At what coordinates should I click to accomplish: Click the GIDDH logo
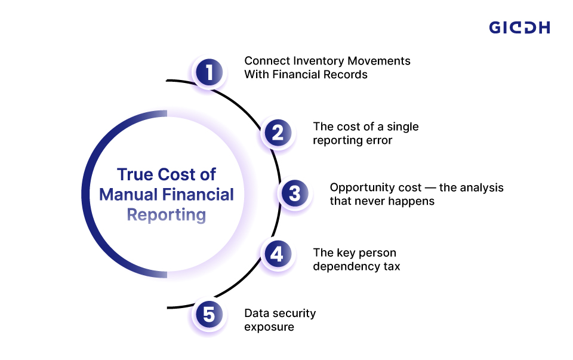pyautogui.click(x=519, y=27)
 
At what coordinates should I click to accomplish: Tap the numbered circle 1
pyautogui.click(x=209, y=73)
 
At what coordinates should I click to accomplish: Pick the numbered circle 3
pyautogui.click(x=294, y=193)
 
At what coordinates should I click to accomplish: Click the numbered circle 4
pyautogui.click(x=277, y=254)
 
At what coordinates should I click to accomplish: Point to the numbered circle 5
pyautogui.click(x=209, y=315)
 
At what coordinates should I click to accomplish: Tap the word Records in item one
pyautogui.click(x=346, y=75)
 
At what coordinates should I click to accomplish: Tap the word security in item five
pyautogui.click(x=292, y=313)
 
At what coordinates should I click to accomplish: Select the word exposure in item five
pyautogui.click(x=269, y=327)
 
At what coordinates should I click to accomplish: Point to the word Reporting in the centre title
pyautogui.click(x=167, y=215)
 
